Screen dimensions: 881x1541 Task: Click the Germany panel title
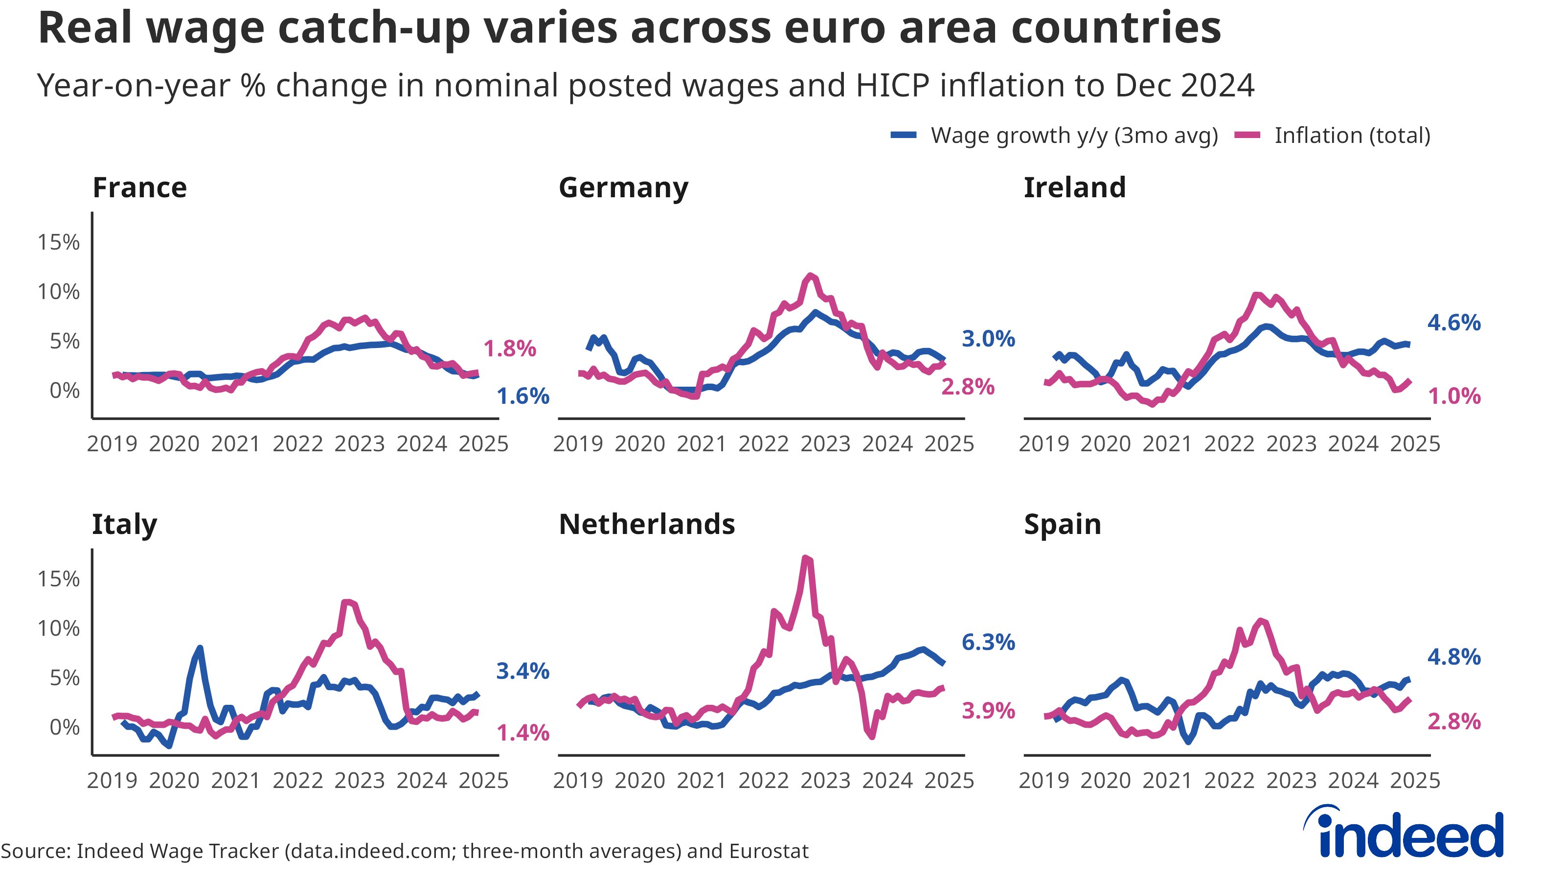click(623, 187)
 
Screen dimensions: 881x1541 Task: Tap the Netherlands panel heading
click(647, 524)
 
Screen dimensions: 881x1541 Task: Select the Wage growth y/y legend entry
click(1055, 136)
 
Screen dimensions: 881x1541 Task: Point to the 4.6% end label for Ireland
click(1453, 323)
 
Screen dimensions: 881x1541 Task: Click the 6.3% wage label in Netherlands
click(988, 642)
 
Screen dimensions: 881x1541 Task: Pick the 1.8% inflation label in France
click(509, 349)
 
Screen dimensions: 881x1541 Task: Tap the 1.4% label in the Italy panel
click(522, 733)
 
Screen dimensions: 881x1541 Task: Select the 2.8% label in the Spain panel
click(1453, 722)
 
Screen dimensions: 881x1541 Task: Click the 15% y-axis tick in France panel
click(59, 243)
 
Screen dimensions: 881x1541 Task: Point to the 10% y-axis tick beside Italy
click(59, 628)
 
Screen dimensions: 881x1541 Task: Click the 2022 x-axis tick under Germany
click(763, 444)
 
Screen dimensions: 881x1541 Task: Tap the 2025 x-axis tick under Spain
click(1415, 781)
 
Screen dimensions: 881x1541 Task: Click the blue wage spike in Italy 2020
click(200, 648)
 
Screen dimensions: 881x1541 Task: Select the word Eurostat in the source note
click(769, 851)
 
